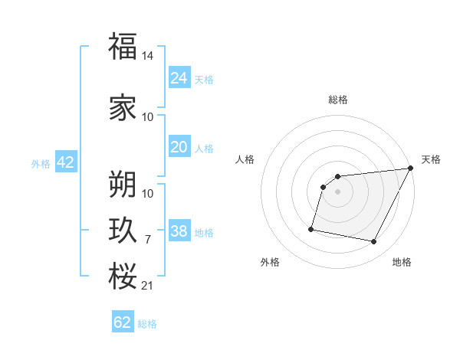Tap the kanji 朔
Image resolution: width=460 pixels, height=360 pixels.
(123, 183)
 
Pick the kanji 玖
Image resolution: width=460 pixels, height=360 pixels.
(123, 229)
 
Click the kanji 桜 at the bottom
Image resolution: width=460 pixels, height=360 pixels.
(123, 275)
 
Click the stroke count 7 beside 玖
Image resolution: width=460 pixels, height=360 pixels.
(148, 240)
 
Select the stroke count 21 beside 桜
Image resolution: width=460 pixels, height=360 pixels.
(149, 286)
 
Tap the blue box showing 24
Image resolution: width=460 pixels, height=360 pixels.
(179, 77)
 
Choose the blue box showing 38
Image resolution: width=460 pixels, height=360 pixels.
(179, 231)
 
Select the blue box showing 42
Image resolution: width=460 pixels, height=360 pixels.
(65, 162)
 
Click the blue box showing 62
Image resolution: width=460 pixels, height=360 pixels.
(123, 322)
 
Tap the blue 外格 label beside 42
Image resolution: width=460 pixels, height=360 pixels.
(40, 163)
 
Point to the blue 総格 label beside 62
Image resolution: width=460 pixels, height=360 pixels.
(147, 324)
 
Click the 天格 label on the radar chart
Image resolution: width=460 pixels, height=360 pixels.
(431, 159)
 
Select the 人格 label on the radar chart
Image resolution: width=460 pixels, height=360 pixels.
(245, 159)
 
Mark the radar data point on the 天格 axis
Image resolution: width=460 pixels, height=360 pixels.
(410, 169)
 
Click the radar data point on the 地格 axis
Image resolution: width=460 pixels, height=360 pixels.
(374, 242)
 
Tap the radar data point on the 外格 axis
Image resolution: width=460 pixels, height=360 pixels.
(311, 228)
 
